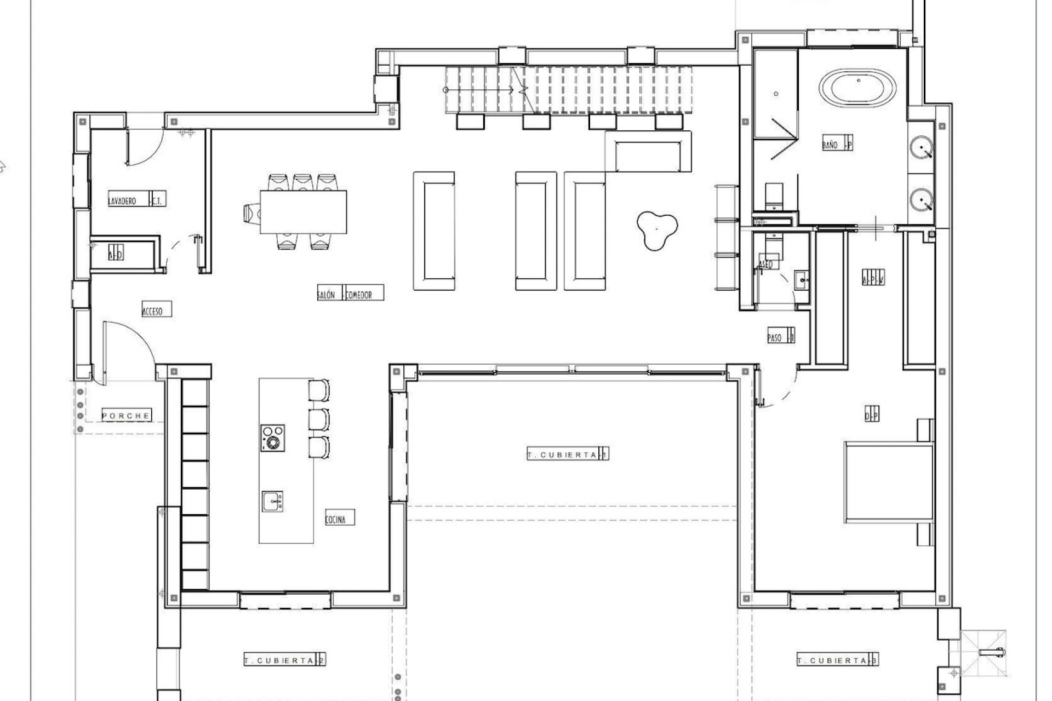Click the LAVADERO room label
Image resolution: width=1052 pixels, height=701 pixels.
[122, 200]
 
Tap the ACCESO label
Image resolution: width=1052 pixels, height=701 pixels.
[153, 311]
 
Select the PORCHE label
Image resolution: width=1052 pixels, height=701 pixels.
[126, 416]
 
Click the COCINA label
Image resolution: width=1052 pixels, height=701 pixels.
[336, 519]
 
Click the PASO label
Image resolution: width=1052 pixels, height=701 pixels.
[775, 337]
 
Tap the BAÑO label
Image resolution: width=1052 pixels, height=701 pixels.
[831, 144]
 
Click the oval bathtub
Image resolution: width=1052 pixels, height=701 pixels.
[859, 88]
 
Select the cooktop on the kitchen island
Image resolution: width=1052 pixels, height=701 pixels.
[272, 438]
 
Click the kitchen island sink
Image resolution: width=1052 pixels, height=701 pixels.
[272, 501]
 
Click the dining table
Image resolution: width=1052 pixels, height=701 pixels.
[303, 211]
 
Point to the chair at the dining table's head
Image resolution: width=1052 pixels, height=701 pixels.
[251, 212]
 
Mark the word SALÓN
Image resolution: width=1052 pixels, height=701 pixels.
[326, 294]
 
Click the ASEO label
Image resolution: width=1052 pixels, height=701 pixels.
[766, 265]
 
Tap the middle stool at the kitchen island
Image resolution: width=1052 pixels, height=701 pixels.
[319, 419]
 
